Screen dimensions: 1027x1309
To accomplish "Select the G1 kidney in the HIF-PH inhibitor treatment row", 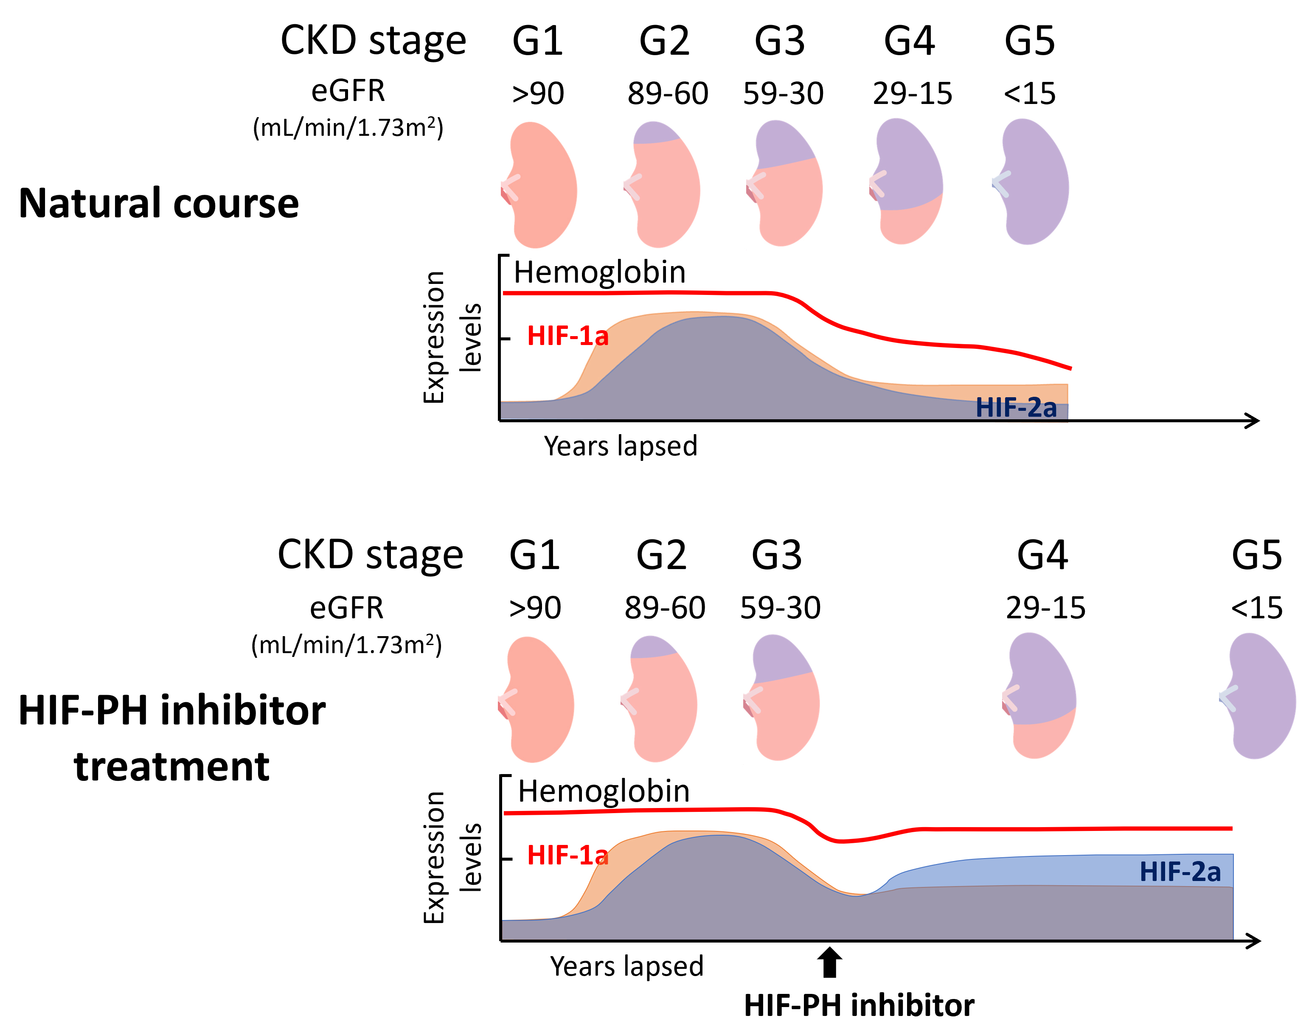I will (538, 701).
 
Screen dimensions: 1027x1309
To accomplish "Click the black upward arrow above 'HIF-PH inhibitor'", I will (830, 962).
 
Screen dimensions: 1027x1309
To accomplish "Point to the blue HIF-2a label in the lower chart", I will (1180, 872).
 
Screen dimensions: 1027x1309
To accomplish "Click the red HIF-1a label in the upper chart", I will (567, 336).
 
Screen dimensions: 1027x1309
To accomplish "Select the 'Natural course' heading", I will (159, 203).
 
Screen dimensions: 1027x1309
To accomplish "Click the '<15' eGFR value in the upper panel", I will (1029, 94).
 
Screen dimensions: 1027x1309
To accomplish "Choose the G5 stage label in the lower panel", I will (1257, 555).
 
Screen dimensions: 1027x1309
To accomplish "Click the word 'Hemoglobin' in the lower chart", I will (604, 791).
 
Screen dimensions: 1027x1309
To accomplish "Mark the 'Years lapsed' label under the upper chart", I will (621, 446).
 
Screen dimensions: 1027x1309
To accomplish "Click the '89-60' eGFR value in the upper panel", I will (667, 94).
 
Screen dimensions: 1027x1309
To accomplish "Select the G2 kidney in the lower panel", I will (661, 701).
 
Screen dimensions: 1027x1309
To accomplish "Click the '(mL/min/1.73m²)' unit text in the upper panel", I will (348, 127).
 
